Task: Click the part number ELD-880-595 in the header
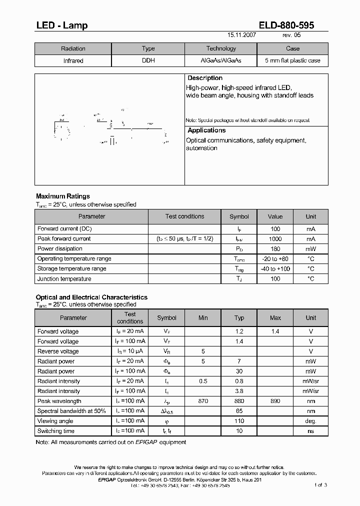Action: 286,25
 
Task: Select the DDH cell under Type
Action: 148,60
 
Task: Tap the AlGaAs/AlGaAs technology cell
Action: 221,60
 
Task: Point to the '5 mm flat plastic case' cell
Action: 292,60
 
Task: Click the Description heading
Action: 205,78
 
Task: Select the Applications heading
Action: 206,130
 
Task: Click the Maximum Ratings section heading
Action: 63,196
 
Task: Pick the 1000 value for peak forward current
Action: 275,239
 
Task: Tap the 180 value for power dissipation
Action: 275,249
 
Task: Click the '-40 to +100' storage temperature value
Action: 275,269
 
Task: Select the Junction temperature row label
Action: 64,279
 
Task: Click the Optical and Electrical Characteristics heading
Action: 91,297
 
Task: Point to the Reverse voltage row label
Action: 58,351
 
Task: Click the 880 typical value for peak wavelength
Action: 239,401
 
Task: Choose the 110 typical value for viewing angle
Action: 239,421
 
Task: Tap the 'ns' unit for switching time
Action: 311,431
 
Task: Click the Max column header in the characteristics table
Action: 275,317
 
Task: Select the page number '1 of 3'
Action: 320,485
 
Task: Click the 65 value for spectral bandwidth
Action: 239,411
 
